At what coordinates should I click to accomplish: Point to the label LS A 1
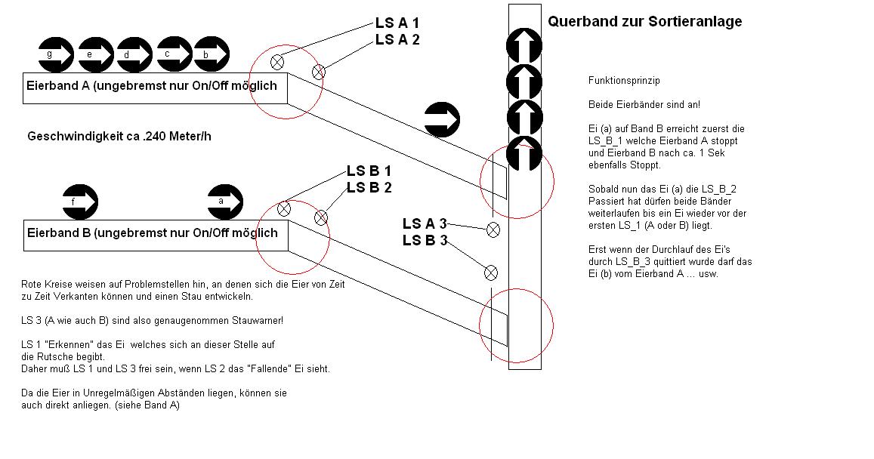pos(397,23)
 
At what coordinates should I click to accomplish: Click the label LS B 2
pos(369,187)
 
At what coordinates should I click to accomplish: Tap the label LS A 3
pos(425,223)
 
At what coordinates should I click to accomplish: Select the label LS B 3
pos(425,241)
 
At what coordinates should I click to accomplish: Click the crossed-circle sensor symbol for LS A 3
pos(493,229)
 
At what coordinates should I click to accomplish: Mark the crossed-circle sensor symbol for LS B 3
pos(490,272)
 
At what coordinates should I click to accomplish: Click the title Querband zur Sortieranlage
pos(644,22)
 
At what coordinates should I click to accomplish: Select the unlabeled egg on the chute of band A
pos(442,119)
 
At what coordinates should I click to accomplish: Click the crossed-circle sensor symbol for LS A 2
pos(318,72)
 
